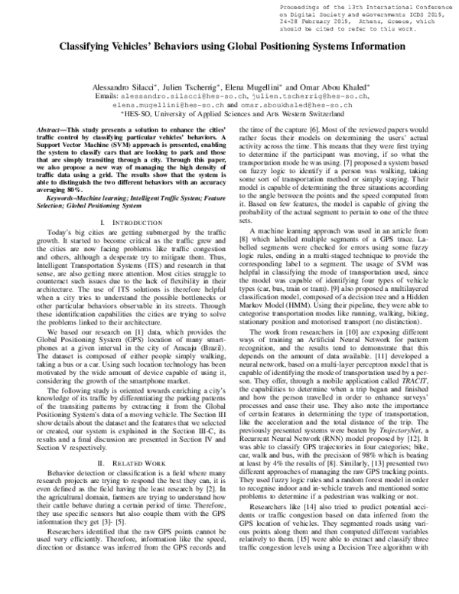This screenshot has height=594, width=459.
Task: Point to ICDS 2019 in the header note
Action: [x=428, y=15]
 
